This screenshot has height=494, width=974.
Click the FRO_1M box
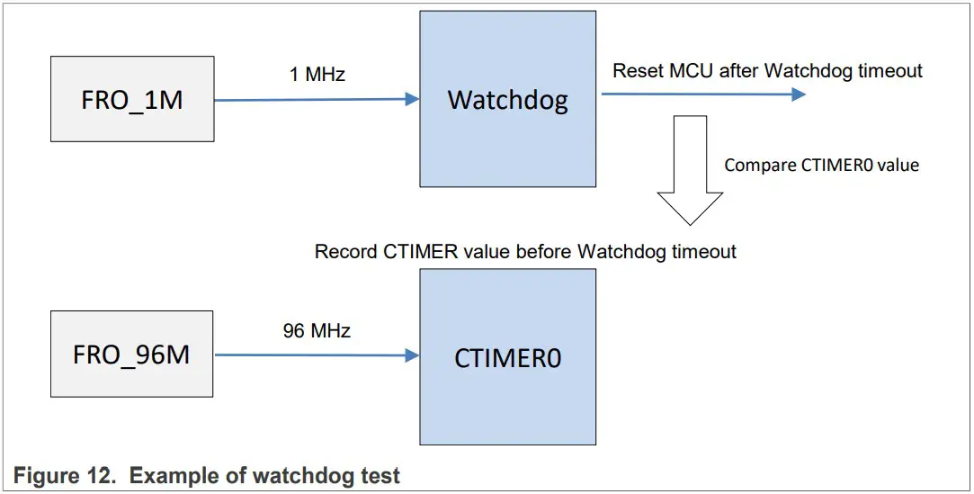pyautogui.click(x=132, y=99)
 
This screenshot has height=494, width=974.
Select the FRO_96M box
pyautogui.click(x=131, y=354)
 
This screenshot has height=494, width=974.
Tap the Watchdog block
pyautogui.click(x=507, y=99)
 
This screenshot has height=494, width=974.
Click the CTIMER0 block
pyautogui.click(x=507, y=357)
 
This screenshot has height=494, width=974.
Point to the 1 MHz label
pyautogui.click(x=317, y=75)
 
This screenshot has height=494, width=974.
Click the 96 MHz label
pyautogui.click(x=317, y=331)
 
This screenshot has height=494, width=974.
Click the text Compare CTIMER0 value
pyautogui.click(x=821, y=166)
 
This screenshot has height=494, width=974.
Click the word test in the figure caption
pyautogui.click(x=382, y=476)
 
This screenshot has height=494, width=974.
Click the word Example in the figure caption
pyautogui.click(x=172, y=476)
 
